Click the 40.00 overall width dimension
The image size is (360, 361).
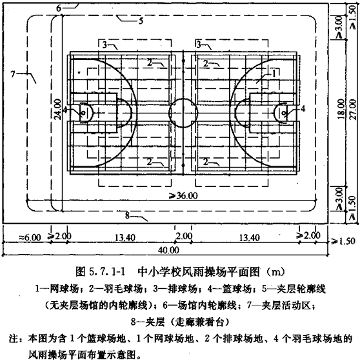tap(168, 250)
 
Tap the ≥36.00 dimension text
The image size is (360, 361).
tap(184, 196)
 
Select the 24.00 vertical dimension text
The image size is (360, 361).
tap(57, 109)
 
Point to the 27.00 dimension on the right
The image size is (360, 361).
tap(353, 109)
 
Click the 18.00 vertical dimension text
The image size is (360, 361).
tap(341, 109)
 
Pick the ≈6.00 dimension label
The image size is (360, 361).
tap(30, 237)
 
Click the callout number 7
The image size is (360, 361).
tap(13, 74)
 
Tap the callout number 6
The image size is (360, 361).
tap(59, 8)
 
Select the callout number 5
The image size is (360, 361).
tap(141, 21)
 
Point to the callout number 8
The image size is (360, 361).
tap(128, 216)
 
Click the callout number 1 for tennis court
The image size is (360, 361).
tap(274, 73)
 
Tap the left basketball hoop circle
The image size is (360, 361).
tap(83, 113)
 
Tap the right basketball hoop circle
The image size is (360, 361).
tap(284, 113)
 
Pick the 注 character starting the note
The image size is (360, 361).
tap(13, 339)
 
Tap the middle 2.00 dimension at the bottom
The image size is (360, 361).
tap(183, 237)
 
